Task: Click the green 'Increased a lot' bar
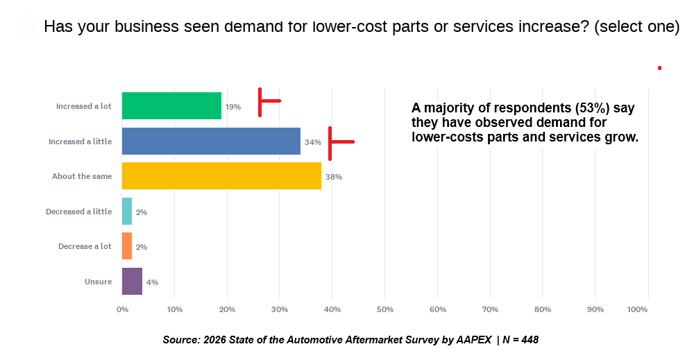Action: [171, 106]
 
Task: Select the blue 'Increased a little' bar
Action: [211, 142]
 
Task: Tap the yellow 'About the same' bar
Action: [221, 176]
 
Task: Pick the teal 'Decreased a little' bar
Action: [127, 211]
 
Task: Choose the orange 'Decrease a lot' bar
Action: [127, 246]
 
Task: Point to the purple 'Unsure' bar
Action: [132, 281]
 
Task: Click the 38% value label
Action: [334, 177]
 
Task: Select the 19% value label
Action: [232, 107]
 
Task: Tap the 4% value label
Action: [152, 282]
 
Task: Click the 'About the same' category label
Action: [82, 176]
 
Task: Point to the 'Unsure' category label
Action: [98, 281]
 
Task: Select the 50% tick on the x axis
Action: [384, 309]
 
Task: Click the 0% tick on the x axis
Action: [122, 309]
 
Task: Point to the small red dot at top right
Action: [659, 68]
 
